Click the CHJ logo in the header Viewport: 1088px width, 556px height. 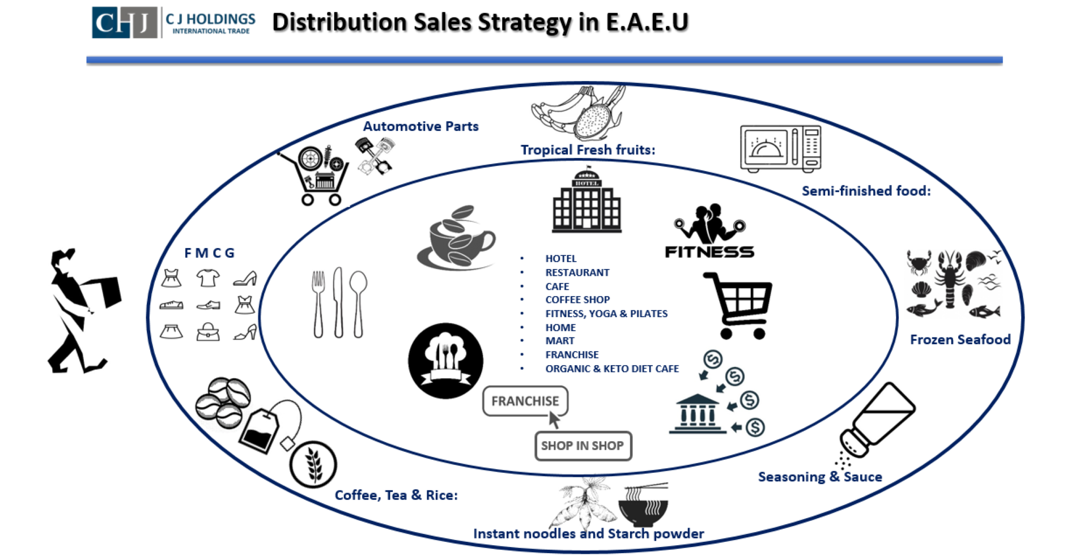[124, 23]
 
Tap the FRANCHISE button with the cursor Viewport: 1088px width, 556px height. [525, 401]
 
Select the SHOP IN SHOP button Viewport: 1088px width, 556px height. [583, 446]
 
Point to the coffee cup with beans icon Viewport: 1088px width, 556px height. [457, 237]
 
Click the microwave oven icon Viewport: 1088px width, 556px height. [780, 148]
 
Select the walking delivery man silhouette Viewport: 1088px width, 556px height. [84, 310]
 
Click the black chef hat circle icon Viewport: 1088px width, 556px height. [445, 361]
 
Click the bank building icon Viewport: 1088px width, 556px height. [697, 414]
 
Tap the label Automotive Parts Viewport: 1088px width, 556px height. [420, 126]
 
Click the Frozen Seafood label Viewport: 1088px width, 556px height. [960, 340]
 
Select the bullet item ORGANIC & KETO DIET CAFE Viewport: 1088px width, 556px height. [612, 369]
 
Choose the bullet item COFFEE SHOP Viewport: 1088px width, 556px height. [577, 300]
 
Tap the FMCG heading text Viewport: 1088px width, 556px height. [209, 253]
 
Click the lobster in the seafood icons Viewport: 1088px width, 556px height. [950, 277]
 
